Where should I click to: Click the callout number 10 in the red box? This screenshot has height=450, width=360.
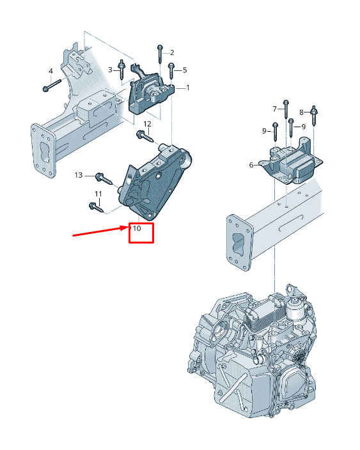pos(137,228)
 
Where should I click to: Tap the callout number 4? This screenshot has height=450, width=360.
pos(51,71)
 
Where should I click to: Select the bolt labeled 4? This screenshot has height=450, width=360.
pos(52,85)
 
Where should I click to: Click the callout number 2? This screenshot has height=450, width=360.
pos(172,52)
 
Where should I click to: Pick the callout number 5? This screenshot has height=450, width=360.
pos(185,70)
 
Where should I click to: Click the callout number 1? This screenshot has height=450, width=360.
pos(188,87)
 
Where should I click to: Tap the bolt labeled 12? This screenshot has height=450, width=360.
pos(145,136)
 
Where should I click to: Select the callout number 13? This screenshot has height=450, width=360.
pos(79,175)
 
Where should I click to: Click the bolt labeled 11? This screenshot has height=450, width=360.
pos(96,207)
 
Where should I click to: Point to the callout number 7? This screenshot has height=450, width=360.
pos(274,109)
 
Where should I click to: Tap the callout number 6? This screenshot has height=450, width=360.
pos(251,165)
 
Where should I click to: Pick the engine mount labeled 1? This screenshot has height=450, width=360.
pos(151,91)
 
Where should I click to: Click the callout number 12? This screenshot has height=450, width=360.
pos(147,124)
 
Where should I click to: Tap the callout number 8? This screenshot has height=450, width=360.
pos(301,112)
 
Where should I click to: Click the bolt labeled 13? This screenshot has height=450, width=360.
pos(104,178)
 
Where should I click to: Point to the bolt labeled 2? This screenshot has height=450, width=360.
pos(160,54)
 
